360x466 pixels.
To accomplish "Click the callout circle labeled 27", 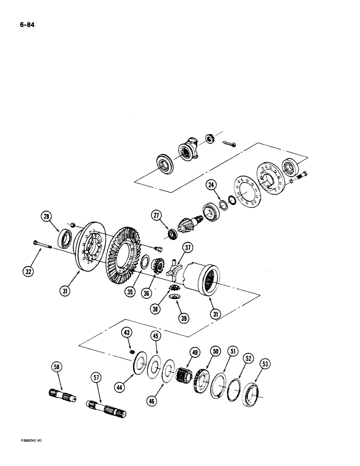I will tap(156, 215).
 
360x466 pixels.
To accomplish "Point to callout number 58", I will tap(57, 368).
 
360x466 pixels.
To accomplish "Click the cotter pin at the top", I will tap(228, 144).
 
